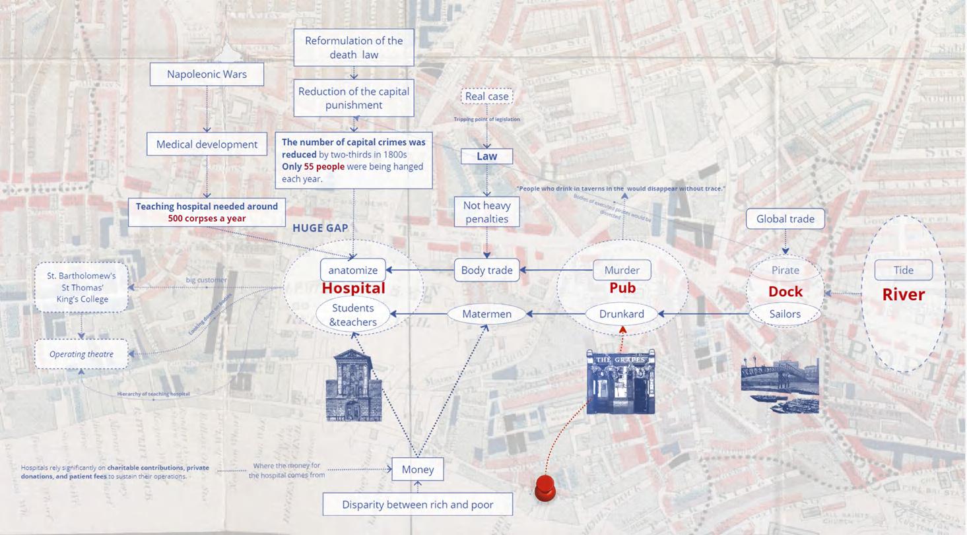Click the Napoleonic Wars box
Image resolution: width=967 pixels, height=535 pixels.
click(207, 74)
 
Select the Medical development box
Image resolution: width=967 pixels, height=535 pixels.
click(207, 144)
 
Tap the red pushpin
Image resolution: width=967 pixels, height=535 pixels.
click(545, 489)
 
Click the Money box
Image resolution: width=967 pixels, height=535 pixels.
click(418, 469)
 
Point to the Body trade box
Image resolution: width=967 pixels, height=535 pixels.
click(486, 270)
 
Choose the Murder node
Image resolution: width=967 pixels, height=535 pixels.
click(622, 270)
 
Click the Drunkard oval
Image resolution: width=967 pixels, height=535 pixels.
click(621, 314)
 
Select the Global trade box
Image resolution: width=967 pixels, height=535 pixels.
click(785, 218)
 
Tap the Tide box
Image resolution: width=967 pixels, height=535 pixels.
click(903, 270)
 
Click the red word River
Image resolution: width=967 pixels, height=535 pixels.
click(903, 294)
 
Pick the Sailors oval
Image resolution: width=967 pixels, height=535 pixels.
click(785, 314)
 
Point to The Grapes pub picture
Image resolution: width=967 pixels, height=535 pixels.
click(620, 382)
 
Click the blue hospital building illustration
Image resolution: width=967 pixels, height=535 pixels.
click(354, 387)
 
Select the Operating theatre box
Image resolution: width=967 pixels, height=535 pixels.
click(81, 354)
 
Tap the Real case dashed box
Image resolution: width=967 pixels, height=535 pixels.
click(486, 96)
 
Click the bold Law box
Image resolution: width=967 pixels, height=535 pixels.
click(486, 156)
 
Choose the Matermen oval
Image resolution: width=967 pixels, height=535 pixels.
click(486, 314)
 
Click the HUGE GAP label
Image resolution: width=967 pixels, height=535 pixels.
click(320, 228)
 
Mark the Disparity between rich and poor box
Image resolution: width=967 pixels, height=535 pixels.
click(417, 505)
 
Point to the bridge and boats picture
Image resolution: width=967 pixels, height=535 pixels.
click(780, 385)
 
